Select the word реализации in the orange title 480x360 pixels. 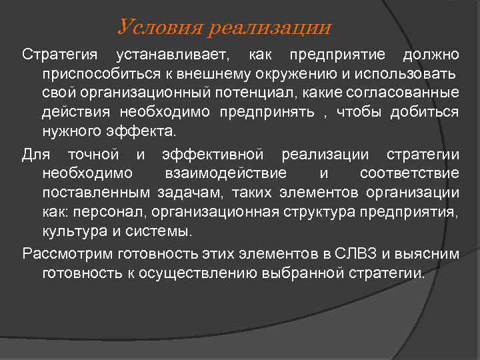(269, 28)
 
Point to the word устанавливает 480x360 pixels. (171, 53)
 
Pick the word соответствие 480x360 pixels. (409, 174)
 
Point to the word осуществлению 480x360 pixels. (205, 273)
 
